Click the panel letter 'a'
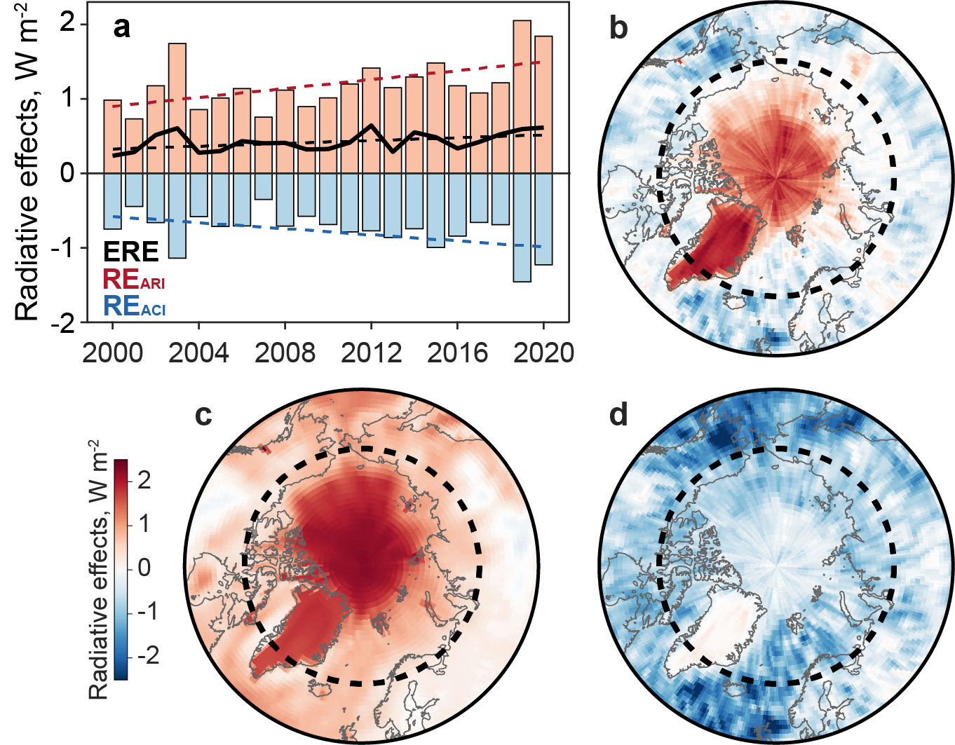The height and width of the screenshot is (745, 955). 122,28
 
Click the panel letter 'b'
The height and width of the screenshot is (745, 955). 618,28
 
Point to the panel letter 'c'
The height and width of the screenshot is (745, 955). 203,415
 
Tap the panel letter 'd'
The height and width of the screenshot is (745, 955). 618,415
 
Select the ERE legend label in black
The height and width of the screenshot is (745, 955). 131,252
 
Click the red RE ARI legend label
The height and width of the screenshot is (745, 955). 134,280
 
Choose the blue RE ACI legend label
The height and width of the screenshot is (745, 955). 134,306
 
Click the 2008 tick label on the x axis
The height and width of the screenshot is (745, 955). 285,353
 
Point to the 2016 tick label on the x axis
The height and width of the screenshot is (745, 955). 457,353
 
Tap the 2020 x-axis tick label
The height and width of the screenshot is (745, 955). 543,353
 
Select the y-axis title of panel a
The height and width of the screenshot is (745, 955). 28,161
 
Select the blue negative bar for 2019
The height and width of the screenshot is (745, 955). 522,227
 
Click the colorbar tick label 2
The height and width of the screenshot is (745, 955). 144,480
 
